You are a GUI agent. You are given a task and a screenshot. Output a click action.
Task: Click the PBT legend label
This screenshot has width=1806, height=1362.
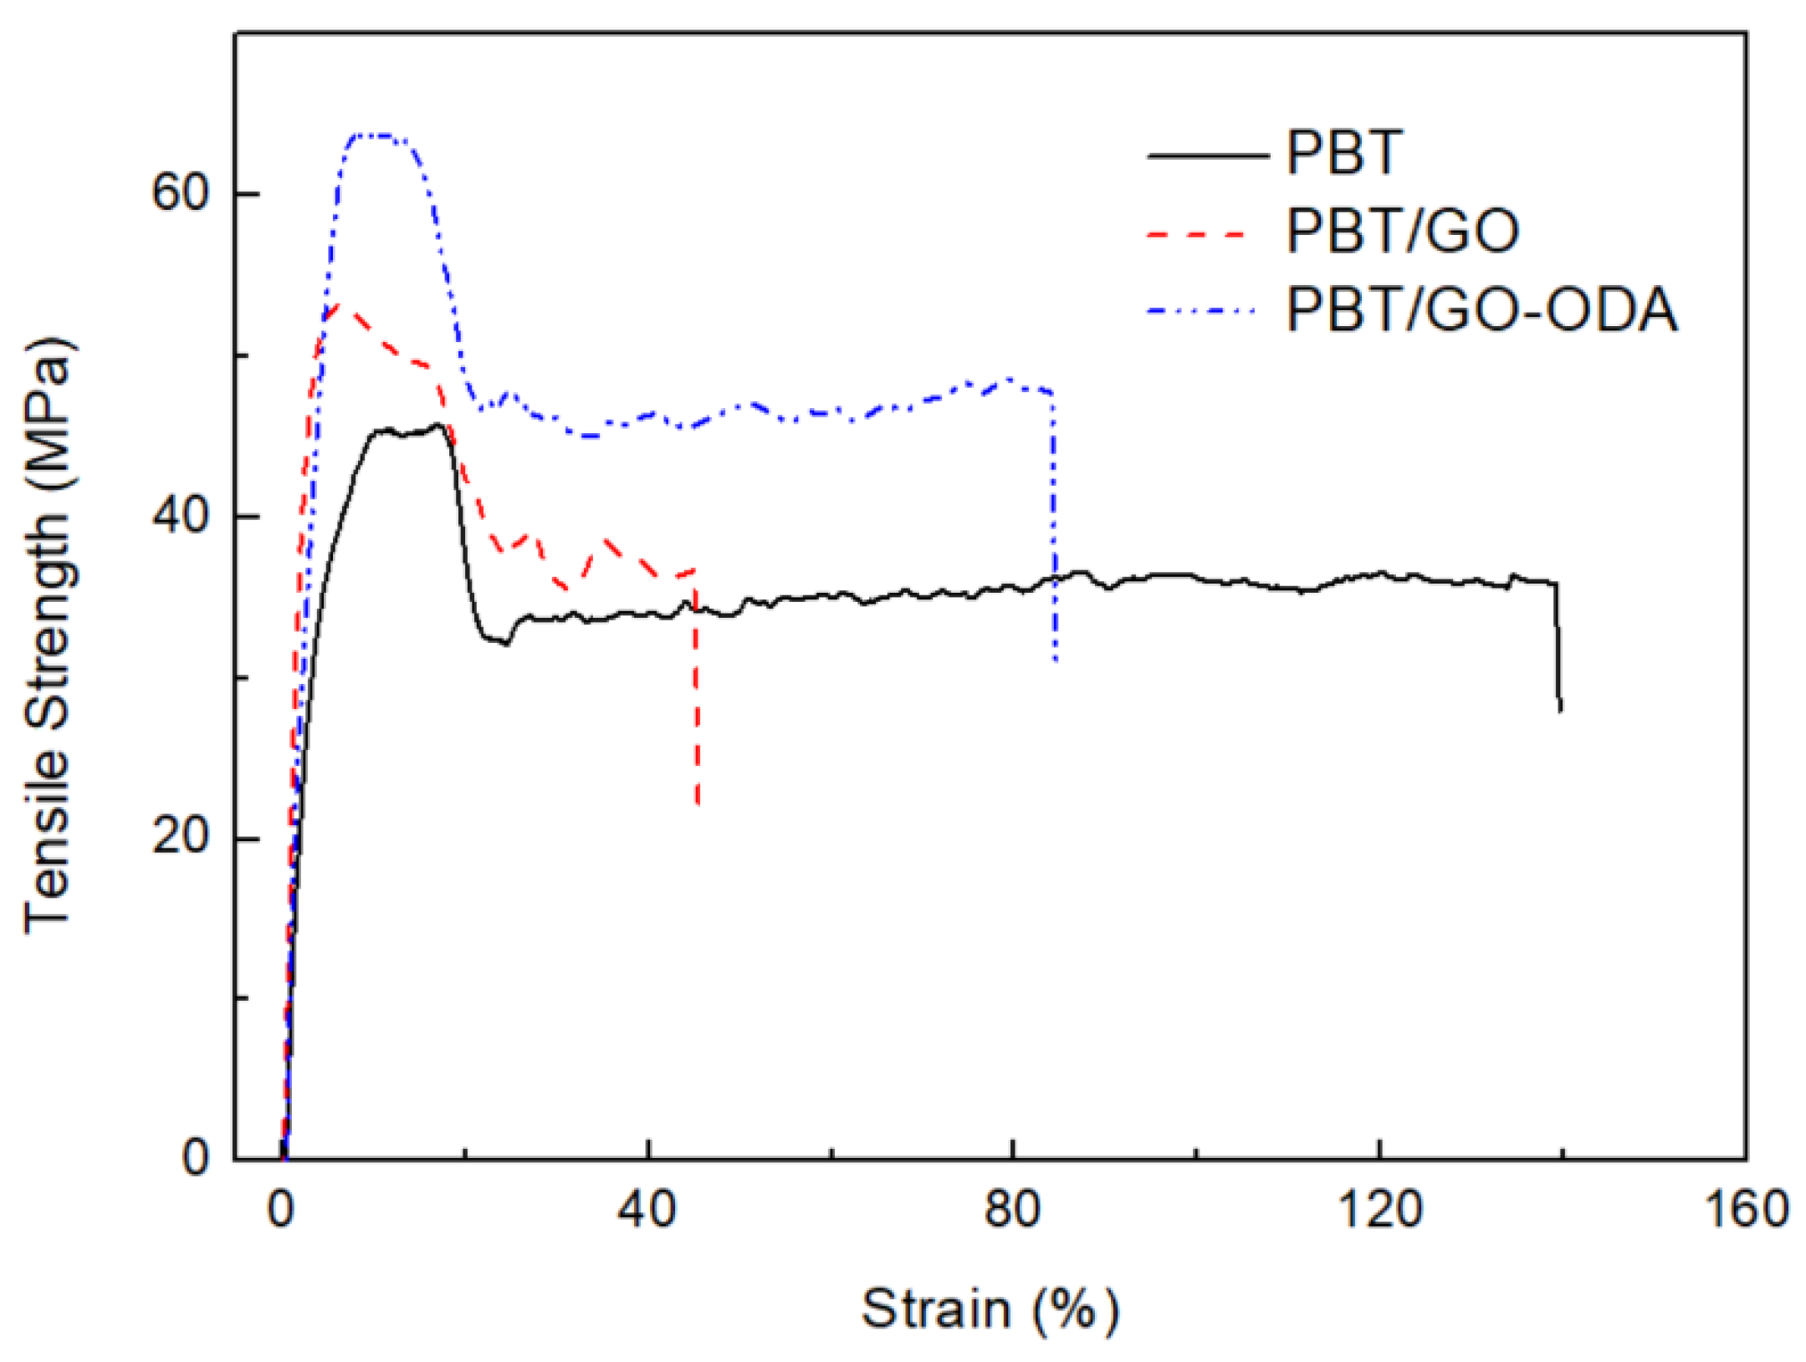tap(1343, 153)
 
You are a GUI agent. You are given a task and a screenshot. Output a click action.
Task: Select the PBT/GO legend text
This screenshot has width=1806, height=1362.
tap(1402, 232)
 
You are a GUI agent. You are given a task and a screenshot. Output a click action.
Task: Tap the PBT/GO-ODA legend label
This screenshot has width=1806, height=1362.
tap(1481, 310)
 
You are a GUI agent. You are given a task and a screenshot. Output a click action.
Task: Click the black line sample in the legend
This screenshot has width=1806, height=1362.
tap(1208, 156)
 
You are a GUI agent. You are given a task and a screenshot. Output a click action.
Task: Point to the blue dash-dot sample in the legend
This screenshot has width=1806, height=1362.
tap(1201, 312)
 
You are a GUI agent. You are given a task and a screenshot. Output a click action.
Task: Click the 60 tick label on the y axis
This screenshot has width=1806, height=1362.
tap(179, 193)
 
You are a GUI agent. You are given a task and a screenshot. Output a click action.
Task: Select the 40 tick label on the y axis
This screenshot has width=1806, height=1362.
tap(179, 516)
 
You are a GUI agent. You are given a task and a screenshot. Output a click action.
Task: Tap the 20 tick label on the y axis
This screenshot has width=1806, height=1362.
tap(179, 837)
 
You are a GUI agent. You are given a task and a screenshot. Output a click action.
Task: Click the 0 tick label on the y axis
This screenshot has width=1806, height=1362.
tap(196, 1159)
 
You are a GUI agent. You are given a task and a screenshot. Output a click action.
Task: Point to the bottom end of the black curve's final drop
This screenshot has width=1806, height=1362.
tap(1560, 711)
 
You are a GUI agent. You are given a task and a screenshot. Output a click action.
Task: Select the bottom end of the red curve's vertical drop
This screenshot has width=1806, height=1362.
tap(698, 804)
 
